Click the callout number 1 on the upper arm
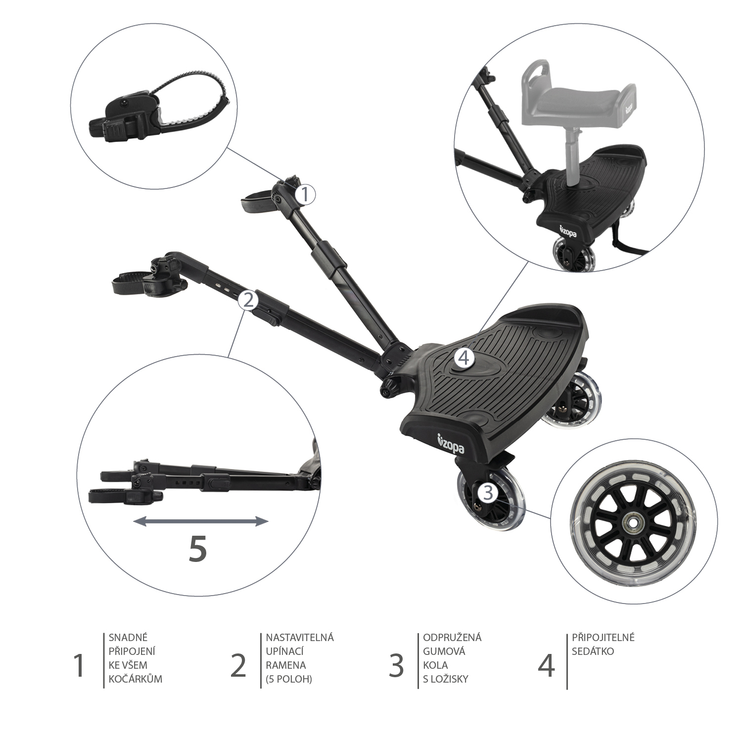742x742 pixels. (306, 194)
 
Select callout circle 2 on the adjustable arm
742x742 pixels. (248, 300)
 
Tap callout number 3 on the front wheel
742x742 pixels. (488, 492)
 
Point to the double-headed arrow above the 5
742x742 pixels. (201, 521)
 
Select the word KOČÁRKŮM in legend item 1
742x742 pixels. (135, 679)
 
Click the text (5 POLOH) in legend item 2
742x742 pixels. (289, 679)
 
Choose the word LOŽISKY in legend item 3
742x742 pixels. (446, 679)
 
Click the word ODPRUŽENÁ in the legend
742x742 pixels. (452, 637)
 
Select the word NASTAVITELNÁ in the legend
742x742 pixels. (300, 637)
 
